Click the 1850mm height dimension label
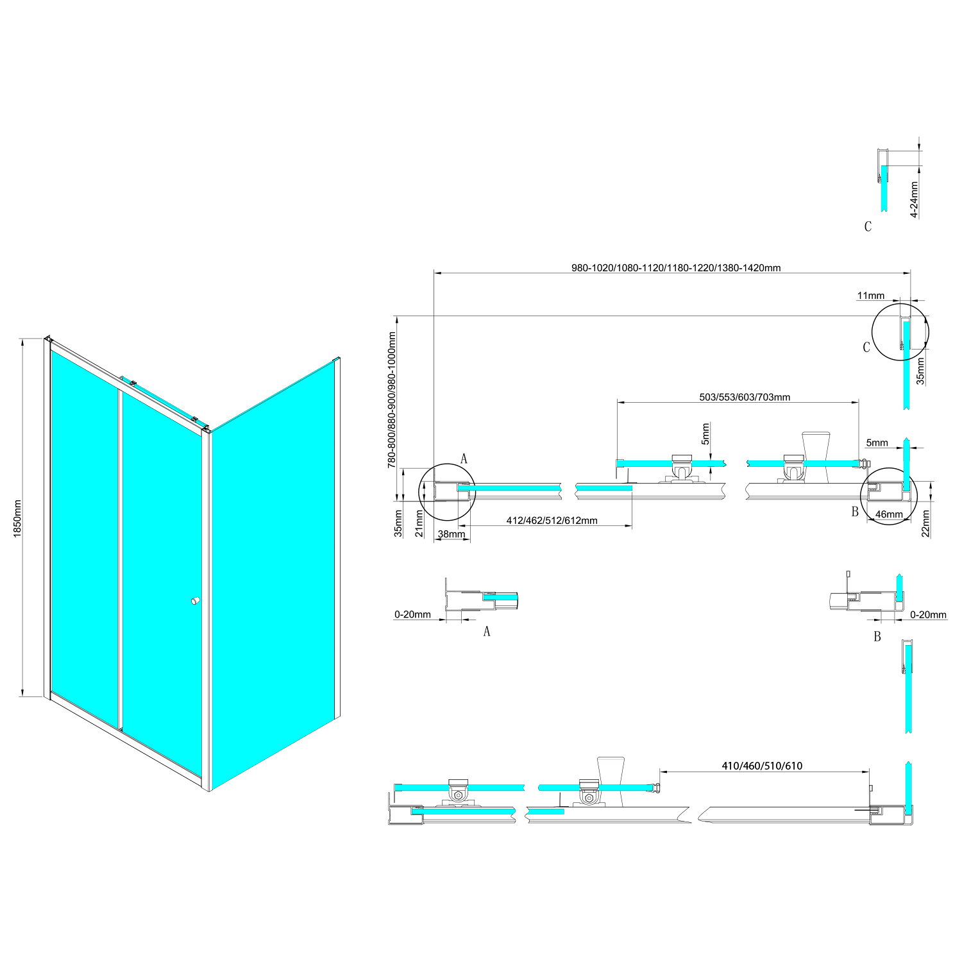(17, 518)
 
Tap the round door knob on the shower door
(195, 601)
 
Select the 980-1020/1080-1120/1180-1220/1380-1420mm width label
(676, 268)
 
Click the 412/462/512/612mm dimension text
(552, 521)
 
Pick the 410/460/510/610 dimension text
(762, 766)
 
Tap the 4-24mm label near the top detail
(915, 199)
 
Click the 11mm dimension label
(870, 296)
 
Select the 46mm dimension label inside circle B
(889, 514)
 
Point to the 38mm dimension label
(451, 534)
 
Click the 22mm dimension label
(925, 523)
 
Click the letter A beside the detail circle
(464, 459)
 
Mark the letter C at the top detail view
(868, 226)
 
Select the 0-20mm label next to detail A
(412, 614)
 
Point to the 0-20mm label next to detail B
(928, 614)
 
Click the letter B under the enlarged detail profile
(877, 636)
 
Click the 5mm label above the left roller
(705, 434)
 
